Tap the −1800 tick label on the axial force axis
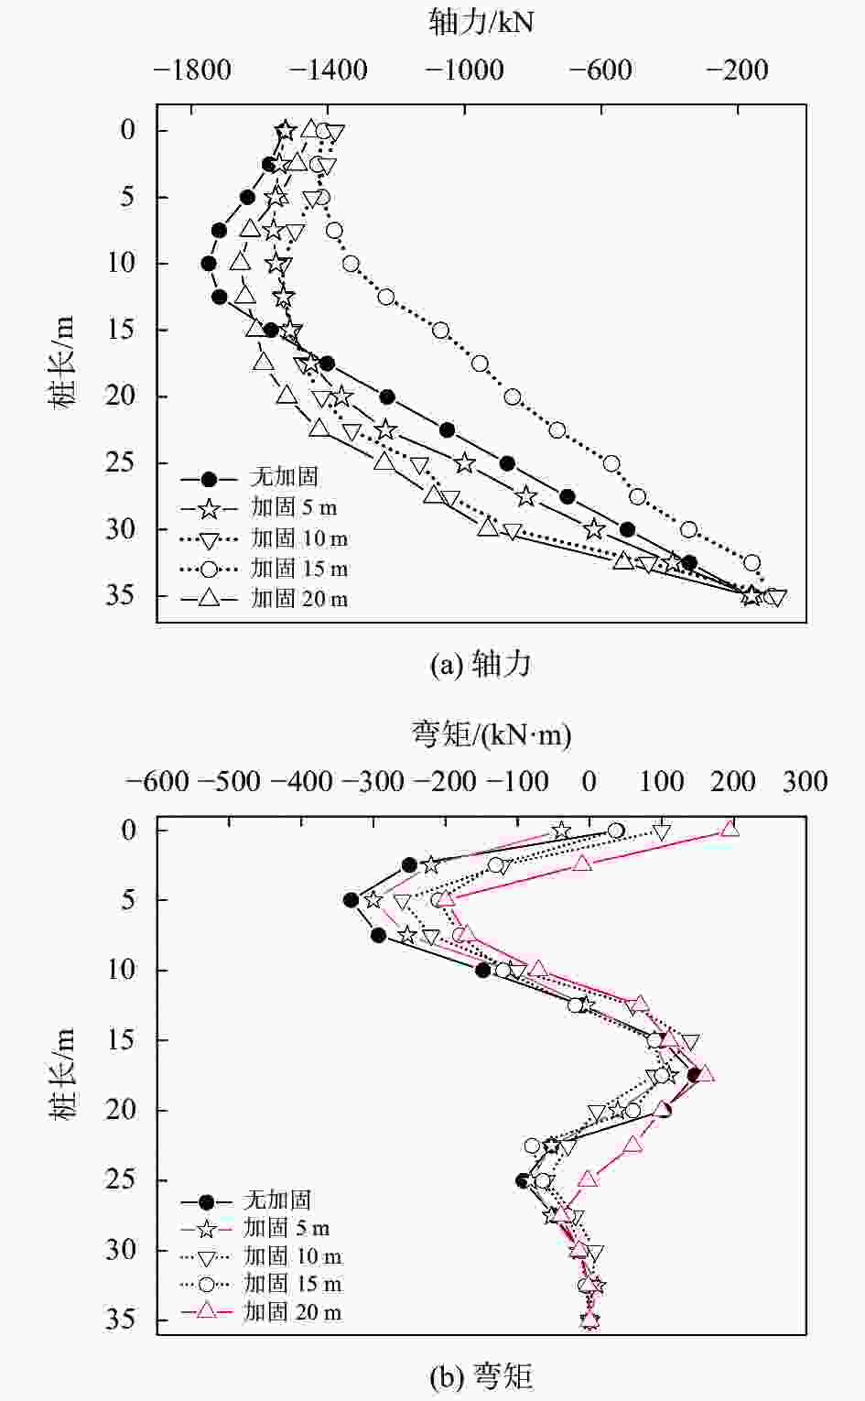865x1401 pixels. pos(192,71)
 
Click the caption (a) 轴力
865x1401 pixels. pos(481,664)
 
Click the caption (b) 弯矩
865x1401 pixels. pos(481,1375)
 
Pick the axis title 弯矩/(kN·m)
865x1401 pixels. pos(491,733)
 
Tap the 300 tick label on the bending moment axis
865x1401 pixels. pos(805,781)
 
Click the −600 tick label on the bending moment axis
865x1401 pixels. pos(157,781)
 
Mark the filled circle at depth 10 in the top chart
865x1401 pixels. pos(209,264)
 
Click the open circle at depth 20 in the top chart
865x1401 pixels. pos(513,396)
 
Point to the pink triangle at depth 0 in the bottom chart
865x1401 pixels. pos(730,829)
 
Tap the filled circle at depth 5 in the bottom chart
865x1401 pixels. pos(351,900)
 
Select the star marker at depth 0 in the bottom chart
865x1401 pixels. pos(562,831)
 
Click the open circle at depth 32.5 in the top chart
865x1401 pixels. pos(751,562)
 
